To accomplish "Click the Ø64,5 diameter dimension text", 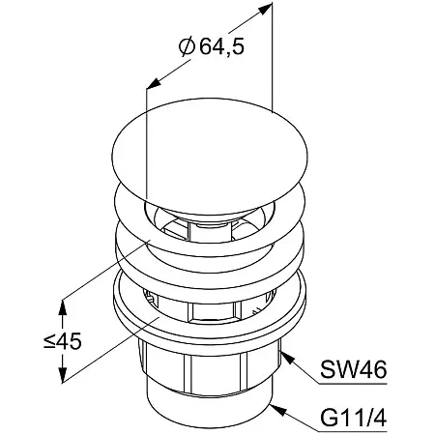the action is pyautogui.click(x=212, y=47).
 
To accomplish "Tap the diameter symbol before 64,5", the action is pyautogui.click(x=187, y=47).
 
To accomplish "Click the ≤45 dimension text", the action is pyautogui.click(x=63, y=341).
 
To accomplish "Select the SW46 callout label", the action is pyautogui.click(x=354, y=369).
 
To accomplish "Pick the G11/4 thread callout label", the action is pyautogui.click(x=354, y=419).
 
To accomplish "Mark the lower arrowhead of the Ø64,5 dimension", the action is pyautogui.click(x=154, y=83).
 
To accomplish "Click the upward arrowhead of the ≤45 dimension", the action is pyautogui.click(x=63, y=307).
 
